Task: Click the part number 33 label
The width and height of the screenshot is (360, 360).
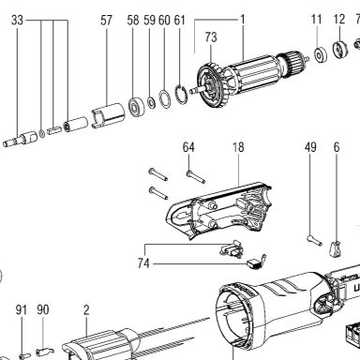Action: (x=17, y=21)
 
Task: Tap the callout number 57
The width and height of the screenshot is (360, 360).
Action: (x=106, y=21)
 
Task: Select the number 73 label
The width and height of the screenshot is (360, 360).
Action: (x=211, y=37)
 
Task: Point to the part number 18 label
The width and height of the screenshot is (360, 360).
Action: (x=238, y=147)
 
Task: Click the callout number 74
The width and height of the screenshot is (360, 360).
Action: (x=143, y=263)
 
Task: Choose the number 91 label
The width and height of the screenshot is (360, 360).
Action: (x=22, y=309)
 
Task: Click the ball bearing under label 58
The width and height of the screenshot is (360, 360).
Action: (x=136, y=107)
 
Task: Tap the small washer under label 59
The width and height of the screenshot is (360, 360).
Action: (x=151, y=102)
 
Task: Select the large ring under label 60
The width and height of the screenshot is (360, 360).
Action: (x=165, y=99)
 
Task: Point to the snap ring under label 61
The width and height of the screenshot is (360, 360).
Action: (x=182, y=94)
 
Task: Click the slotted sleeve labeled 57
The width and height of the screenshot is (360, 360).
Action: (x=108, y=115)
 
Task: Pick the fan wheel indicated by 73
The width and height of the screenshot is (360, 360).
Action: (x=213, y=85)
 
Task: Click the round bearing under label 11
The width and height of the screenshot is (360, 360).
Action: (x=320, y=55)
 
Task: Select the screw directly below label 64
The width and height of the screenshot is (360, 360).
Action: (x=196, y=176)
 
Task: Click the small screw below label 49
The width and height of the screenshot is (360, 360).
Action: (x=314, y=240)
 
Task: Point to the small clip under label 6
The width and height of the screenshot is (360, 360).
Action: (x=335, y=249)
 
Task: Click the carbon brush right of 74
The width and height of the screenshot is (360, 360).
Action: (x=257, y=262)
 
